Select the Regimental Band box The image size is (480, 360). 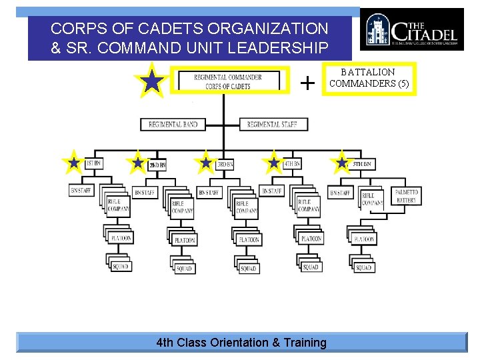(x=173, y=124)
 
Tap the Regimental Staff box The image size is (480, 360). (x=272, y=124)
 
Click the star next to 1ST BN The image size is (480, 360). (x=73, y=162)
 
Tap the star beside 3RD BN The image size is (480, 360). (x=206, y=162)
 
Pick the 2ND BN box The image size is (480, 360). (x=157, y=164)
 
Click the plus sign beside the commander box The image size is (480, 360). (x=307, y=83)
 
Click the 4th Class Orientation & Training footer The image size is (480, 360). (x=241, y=343)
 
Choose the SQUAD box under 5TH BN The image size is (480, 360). (x=364, y=267)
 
